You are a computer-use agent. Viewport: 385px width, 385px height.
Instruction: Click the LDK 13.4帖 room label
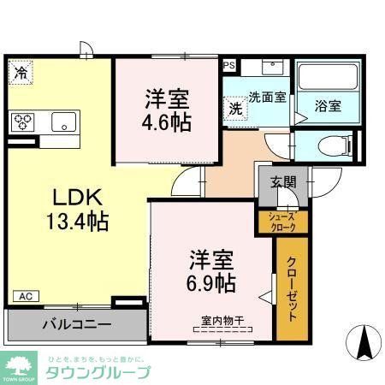[76, 210]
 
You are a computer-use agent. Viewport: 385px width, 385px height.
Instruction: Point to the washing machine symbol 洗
[234, 110]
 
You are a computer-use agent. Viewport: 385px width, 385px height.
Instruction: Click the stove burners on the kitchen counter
[23, 121]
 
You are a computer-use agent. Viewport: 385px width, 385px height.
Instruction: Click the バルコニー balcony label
[76, 326]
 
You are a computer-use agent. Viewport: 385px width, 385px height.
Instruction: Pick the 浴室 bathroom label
[328, 107]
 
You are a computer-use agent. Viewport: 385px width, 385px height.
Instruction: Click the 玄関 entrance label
[284, 181]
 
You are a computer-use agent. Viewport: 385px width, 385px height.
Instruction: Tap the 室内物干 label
[222, 321]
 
